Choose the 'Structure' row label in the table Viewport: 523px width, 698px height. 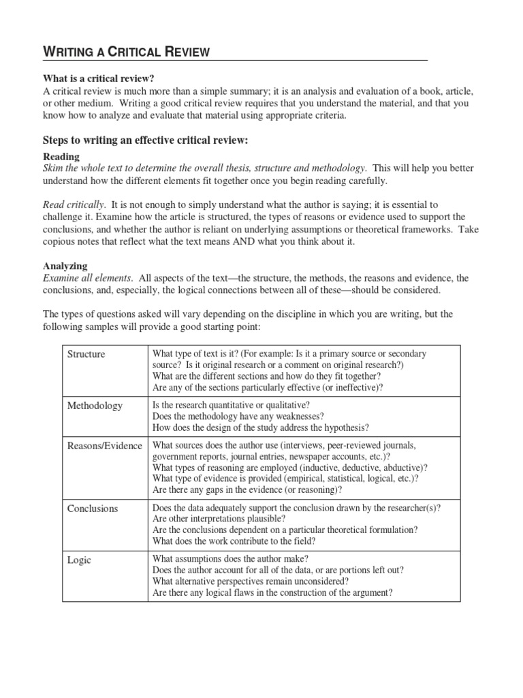(86, 354)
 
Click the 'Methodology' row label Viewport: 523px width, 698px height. (95, 406)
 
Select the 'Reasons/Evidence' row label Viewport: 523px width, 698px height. (104, 446)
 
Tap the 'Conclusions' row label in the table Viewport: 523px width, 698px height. (93, 509)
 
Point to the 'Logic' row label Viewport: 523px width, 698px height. (79, 560)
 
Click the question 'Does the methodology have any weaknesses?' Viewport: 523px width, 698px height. (238, 416)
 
